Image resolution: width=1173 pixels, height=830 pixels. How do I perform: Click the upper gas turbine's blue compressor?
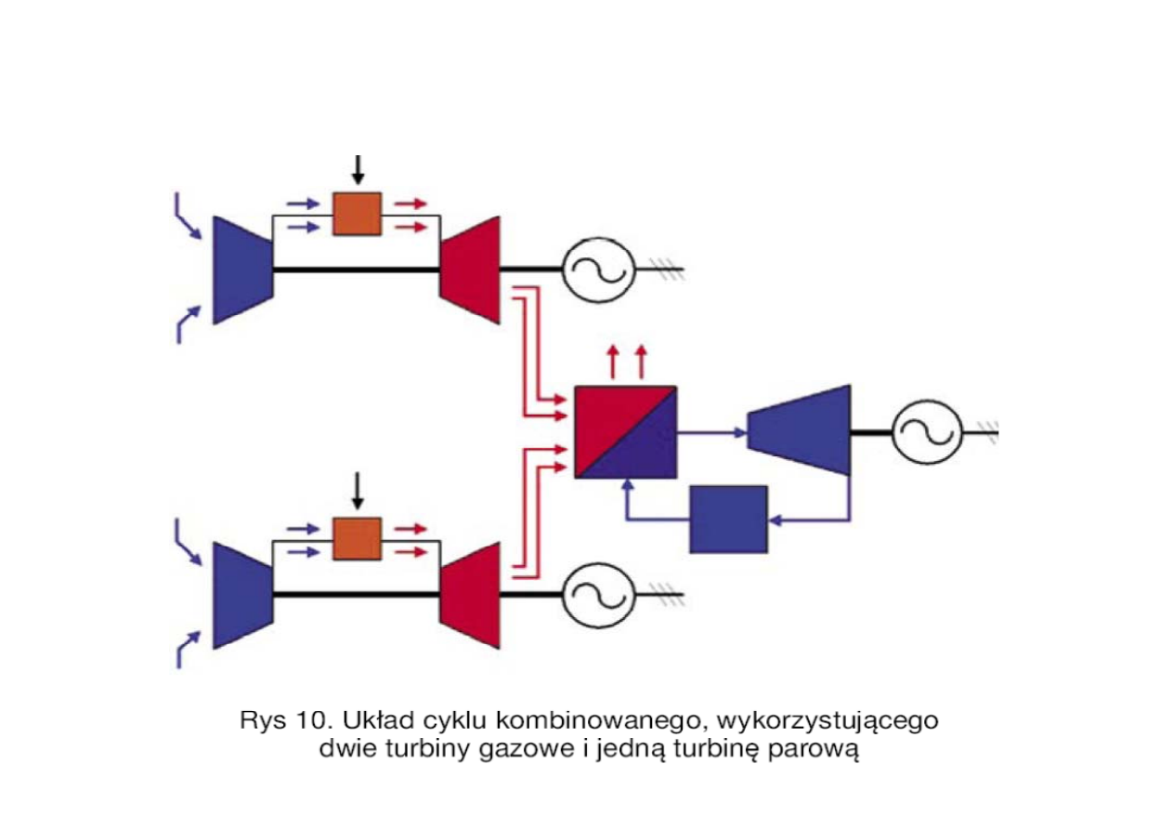click(242, 270)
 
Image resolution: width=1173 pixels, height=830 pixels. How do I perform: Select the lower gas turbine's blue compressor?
click(242, 595)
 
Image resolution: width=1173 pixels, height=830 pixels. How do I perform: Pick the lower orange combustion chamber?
click(357, 539)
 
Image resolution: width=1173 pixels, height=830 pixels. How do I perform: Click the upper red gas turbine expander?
click(470, 270)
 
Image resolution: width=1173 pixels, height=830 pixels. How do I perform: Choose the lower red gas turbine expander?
click(470, 595)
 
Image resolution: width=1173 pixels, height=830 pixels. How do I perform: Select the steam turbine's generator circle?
click(926, 430)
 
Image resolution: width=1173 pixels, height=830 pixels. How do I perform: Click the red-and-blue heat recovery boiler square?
click(625, 431)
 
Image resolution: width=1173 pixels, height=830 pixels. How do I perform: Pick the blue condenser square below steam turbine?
click(728, 519)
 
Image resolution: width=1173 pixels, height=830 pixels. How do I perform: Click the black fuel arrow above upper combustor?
click(358, 171)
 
